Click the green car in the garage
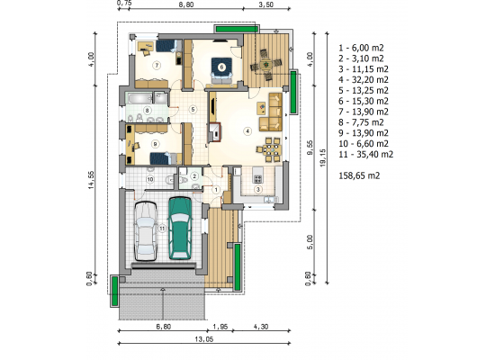tap(180, 229)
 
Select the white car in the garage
tap(146, 231)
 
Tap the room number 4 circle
tap(247, 130)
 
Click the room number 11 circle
tap(162, 229)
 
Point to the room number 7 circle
tap(157, 66)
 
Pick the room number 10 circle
tap(150, 179)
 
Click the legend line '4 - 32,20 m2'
tap(364, 80)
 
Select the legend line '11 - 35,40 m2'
tap(366, 155)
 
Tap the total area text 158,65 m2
tap(359, 175)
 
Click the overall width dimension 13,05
tap(204, 339)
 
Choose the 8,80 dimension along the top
tap(186, 4)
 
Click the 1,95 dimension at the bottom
tap(220, 327)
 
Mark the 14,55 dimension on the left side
tap(92, 180)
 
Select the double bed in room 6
tap(221, 70)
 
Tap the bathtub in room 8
tap(139, 98)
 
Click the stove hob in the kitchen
tap(258, 179)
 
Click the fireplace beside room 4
tap(215, 132)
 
